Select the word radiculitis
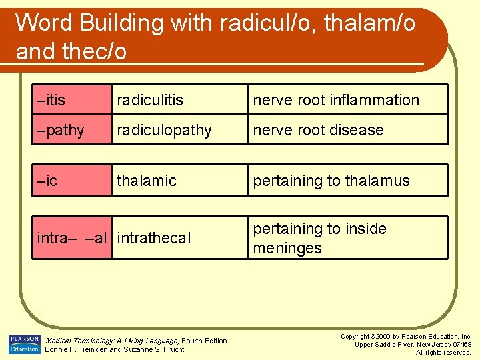(150, 100)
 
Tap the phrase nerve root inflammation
(335, 100)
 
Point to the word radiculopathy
(164, 130)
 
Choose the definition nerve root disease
(318, 130)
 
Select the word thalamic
(147, 181)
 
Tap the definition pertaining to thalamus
(331, 181)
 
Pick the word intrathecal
(154, 238)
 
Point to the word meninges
(287, 248)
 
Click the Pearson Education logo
(24, 345)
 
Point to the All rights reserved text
(443, 352)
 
